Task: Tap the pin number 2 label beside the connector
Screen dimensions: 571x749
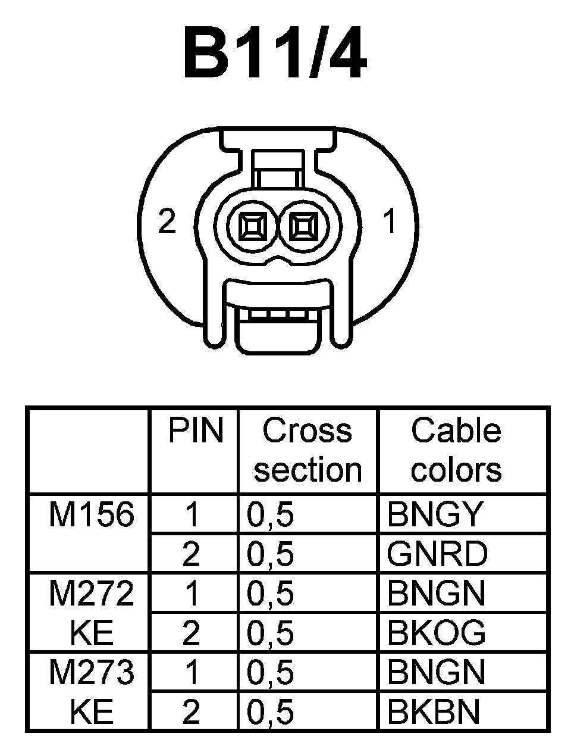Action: (168, 221)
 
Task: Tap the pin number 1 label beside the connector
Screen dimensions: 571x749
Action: (390, 221)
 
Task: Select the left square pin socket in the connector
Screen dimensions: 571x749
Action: (250, 227)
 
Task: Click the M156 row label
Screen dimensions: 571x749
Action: (91, 514)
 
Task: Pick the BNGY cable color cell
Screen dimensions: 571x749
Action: (434, 514)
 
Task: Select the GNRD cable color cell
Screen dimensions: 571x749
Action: (437, 554)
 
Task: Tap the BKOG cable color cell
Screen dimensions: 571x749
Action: (436, 632)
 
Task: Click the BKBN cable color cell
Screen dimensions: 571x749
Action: (434, 711)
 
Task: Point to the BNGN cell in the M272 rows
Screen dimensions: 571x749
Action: (436, 593)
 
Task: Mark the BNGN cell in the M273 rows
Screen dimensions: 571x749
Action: (436, 672)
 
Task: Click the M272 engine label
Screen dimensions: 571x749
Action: (91, 594)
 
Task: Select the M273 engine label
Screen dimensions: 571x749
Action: (91, 673)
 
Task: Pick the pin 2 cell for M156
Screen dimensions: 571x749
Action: (191, 554)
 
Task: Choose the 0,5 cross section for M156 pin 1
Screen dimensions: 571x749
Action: (271, 514)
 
